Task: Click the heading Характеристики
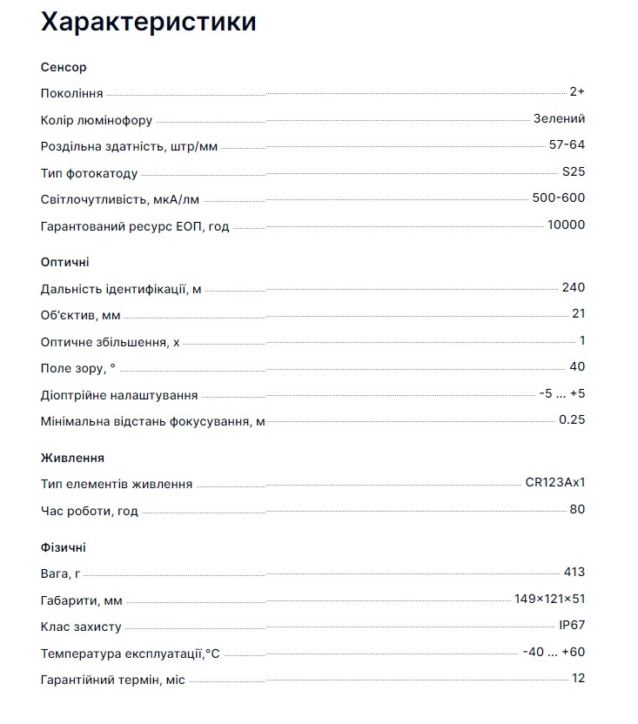[x=149, y=22]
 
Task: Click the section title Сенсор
[x=64, y=67]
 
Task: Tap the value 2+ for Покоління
[x=576, y=92]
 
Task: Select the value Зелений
[x=559, y=119]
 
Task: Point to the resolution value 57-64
[x=567, y=145]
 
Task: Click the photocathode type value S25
[x=574, y=171]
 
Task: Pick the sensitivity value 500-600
[x=559, y=198]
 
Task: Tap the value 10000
[x=566, y=225]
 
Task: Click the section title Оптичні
[x=65, y=262]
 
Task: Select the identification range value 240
[x=574, y=288]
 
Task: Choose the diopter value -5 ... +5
[x=561, y=393]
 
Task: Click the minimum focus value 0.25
[x=572, y=419]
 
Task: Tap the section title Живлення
[x=73, y=458]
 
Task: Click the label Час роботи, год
[x=90, y=511]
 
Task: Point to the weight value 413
[x=574, y=572]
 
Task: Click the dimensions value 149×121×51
[x=549, y=599]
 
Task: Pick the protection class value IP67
[x=572, y=625]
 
